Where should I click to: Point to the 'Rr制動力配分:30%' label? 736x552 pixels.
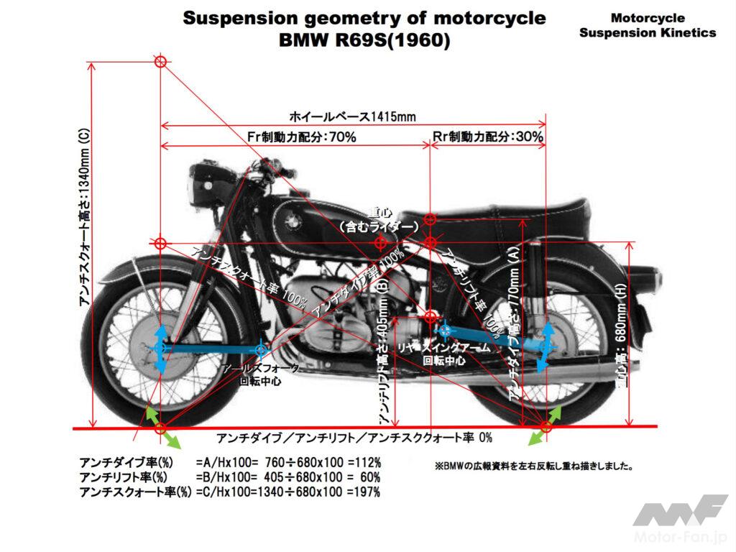click(488, 137)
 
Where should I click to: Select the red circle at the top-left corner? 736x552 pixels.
click(160, 62)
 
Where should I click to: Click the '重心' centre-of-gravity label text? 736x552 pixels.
click(378, 213)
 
